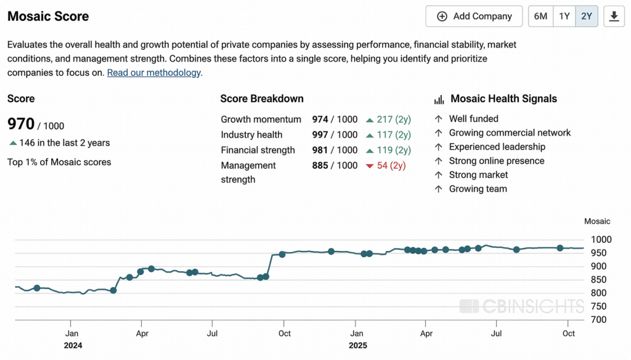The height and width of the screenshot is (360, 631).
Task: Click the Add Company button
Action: (474, 17)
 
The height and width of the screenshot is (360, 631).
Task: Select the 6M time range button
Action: (540, 17)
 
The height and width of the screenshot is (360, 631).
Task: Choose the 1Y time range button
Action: (564, 17)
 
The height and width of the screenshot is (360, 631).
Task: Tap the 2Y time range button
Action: (587, 17)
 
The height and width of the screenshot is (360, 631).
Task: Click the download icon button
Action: (614, 17)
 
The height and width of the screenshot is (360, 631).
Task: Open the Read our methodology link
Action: (154, 73)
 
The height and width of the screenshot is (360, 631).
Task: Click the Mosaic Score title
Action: (48, 17)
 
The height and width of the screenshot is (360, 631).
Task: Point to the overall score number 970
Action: (21, 124)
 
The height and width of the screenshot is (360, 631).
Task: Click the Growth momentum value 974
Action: (320, 120)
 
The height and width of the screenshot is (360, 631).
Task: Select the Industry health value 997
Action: (320, 135)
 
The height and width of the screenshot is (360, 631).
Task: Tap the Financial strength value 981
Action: (320, 150)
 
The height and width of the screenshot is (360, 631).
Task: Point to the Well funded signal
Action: (473, 119)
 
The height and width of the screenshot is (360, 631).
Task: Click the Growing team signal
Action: (478, 189)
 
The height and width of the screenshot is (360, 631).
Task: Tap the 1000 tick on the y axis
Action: (601, 240)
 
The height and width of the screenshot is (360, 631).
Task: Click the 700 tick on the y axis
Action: (599, 320)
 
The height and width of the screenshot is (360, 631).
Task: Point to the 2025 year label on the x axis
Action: (357, 346)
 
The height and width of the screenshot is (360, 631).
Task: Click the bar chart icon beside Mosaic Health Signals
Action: (439, 99)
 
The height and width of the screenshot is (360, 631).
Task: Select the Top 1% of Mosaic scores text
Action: (59, 162)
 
